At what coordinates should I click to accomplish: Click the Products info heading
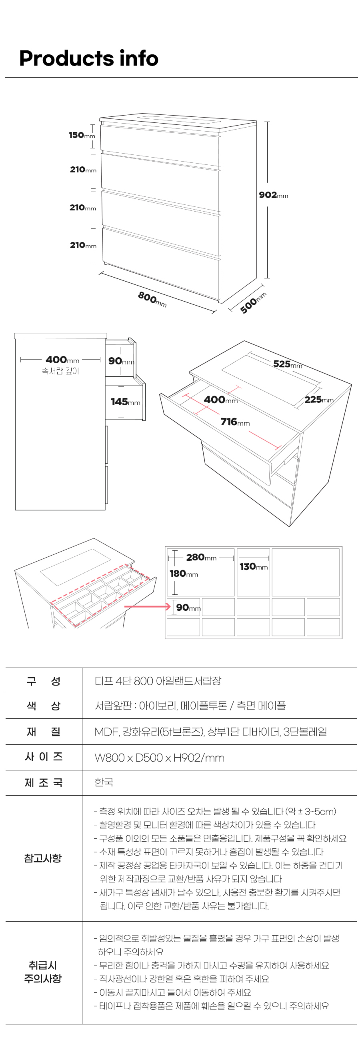coord(88,58)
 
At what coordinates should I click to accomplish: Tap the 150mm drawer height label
coord(82,135)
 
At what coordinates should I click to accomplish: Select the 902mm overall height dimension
coord(274,195)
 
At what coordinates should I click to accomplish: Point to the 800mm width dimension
coord(152,299)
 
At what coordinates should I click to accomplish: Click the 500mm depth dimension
coord(253,303)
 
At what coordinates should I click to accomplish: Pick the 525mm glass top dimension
coord(288,364)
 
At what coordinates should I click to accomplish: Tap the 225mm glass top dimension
coord(319,399)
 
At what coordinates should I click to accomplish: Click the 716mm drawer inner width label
coord(235,422)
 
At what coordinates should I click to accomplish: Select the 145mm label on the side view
coord(126,402)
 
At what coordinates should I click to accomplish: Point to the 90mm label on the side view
coord(121,361)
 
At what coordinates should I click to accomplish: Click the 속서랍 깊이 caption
coord(60,371)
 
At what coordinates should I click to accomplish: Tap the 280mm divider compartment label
coord(201,557)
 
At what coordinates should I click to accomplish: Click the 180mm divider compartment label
coord(184,574)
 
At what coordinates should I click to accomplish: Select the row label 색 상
coord(44,706)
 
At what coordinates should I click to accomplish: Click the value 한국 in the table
coord(104,782)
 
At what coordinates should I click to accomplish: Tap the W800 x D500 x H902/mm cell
coord(160,758)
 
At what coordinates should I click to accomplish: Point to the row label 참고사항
coord(43,858)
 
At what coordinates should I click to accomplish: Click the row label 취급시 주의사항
coord(43,972)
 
